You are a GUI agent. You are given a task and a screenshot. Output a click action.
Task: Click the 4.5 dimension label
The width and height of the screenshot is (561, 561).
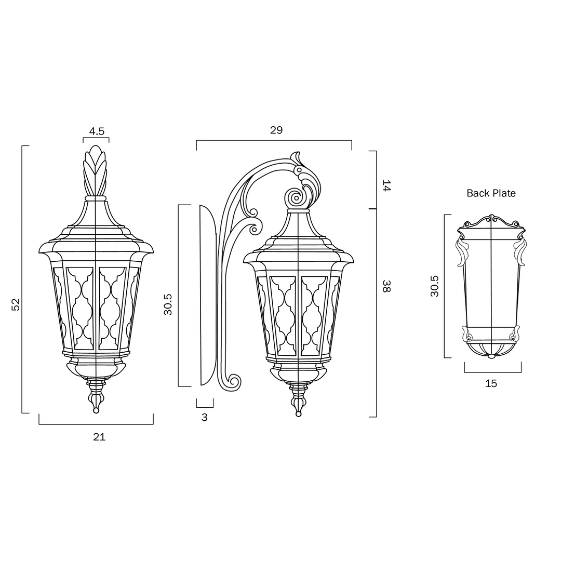point(97,131)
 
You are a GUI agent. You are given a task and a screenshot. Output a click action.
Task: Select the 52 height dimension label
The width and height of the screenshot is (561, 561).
point(16,304)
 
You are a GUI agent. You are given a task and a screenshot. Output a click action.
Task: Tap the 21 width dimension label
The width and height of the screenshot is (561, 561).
point(99,437)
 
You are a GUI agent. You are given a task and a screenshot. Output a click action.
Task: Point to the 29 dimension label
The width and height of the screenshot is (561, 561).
point(276,130)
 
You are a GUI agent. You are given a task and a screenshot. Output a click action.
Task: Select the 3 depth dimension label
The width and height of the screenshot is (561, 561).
point(204,417)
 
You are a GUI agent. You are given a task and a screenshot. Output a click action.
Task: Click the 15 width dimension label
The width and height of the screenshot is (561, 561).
point(491,383)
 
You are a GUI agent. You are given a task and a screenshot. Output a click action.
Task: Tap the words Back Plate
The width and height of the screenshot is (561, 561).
point(491,193)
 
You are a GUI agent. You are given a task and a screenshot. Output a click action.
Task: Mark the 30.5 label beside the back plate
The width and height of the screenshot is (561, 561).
point(434,286)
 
